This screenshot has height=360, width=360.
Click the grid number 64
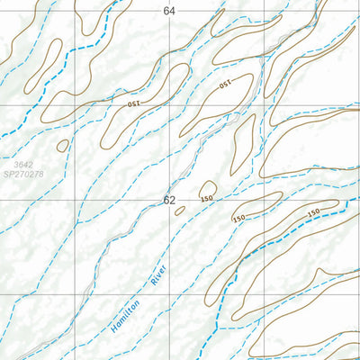170,10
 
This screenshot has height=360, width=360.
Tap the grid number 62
169,200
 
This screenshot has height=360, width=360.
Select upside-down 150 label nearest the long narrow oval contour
225,84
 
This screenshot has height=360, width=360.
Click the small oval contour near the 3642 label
62,145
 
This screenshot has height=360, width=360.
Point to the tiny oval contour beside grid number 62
179,211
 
